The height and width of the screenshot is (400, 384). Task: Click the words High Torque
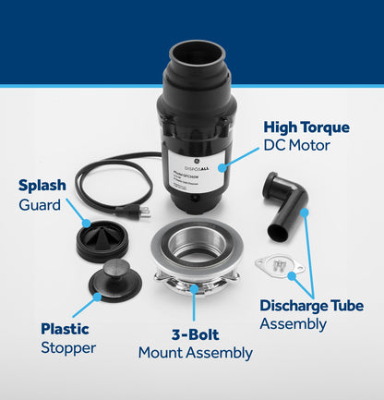click(306, 127)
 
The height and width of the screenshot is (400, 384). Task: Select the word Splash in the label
click(42, 186)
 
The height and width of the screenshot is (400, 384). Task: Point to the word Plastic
click(65, 329)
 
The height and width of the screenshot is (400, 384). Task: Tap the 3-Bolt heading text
click(195, 334)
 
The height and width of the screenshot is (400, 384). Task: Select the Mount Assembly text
click(195, 352)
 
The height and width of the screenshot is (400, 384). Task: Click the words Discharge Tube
click(311, 306)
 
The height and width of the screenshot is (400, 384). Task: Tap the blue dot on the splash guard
click(86, 223)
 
